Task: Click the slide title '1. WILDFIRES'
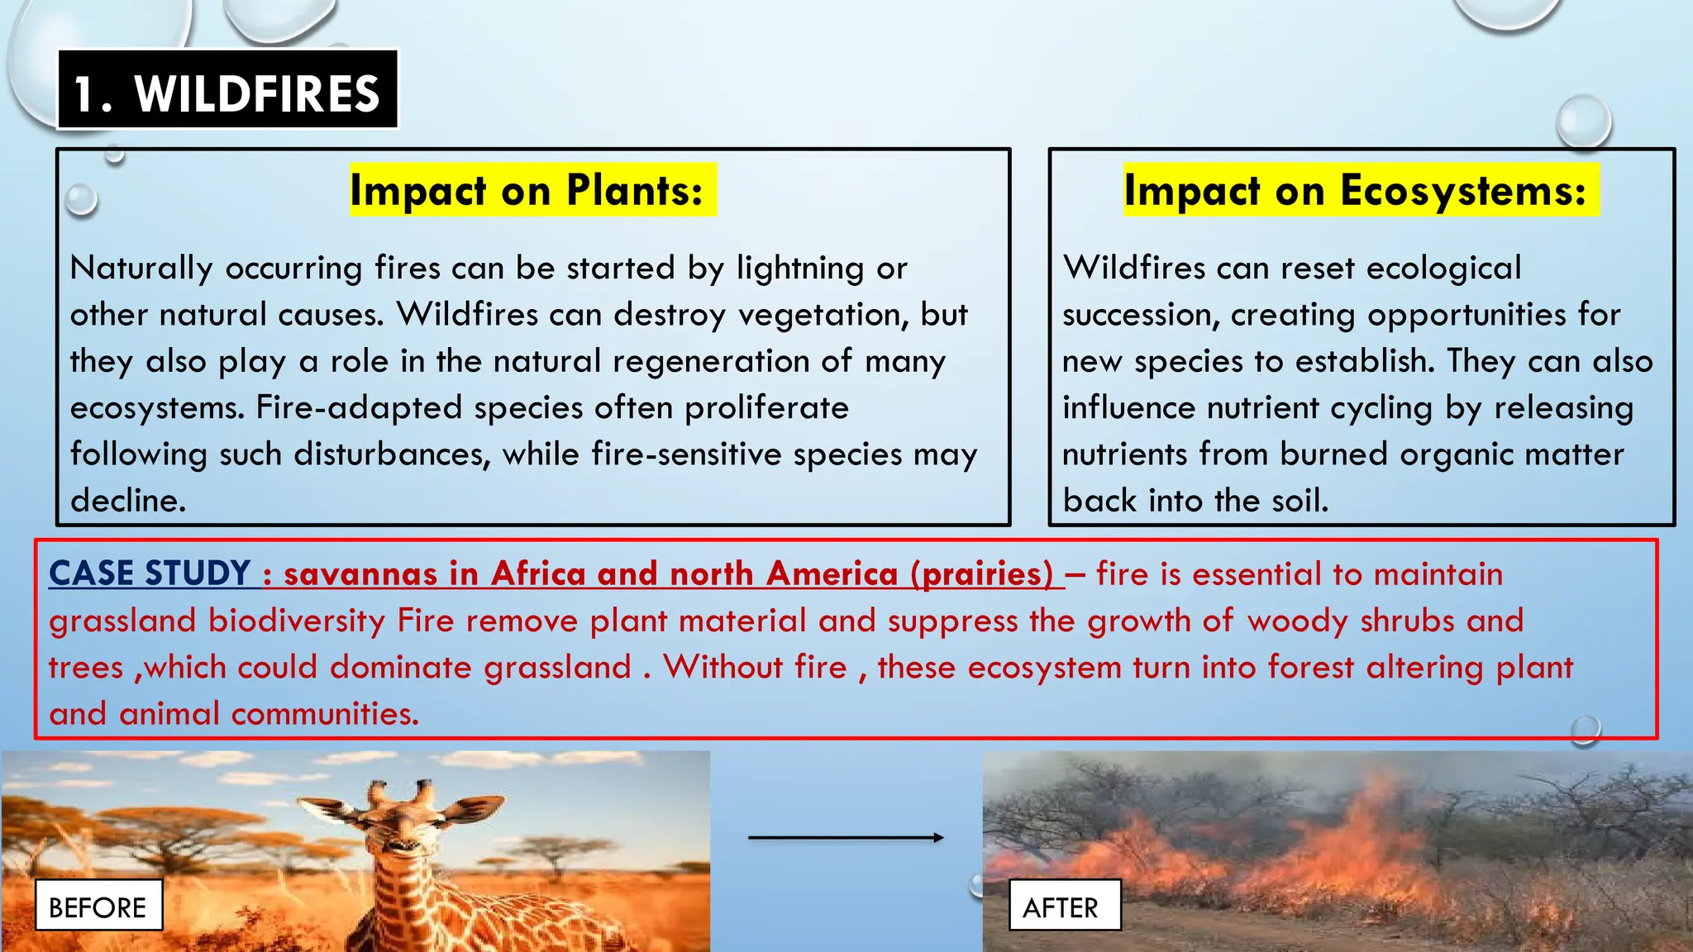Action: (x=227, y=93)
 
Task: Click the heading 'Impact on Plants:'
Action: (x=527, y=190)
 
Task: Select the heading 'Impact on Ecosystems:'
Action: (x=1356, y=190)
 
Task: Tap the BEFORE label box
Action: (x=98, y=907)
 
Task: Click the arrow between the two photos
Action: (x=845, y=837)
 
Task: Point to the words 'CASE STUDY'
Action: (x=150, y=574)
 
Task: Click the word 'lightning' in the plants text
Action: (x=800, y=269)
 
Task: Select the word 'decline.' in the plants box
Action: (x=128, y=501)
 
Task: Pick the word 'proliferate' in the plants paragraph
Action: (x=766, y=407)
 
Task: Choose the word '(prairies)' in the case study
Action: (x=981, y=574)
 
